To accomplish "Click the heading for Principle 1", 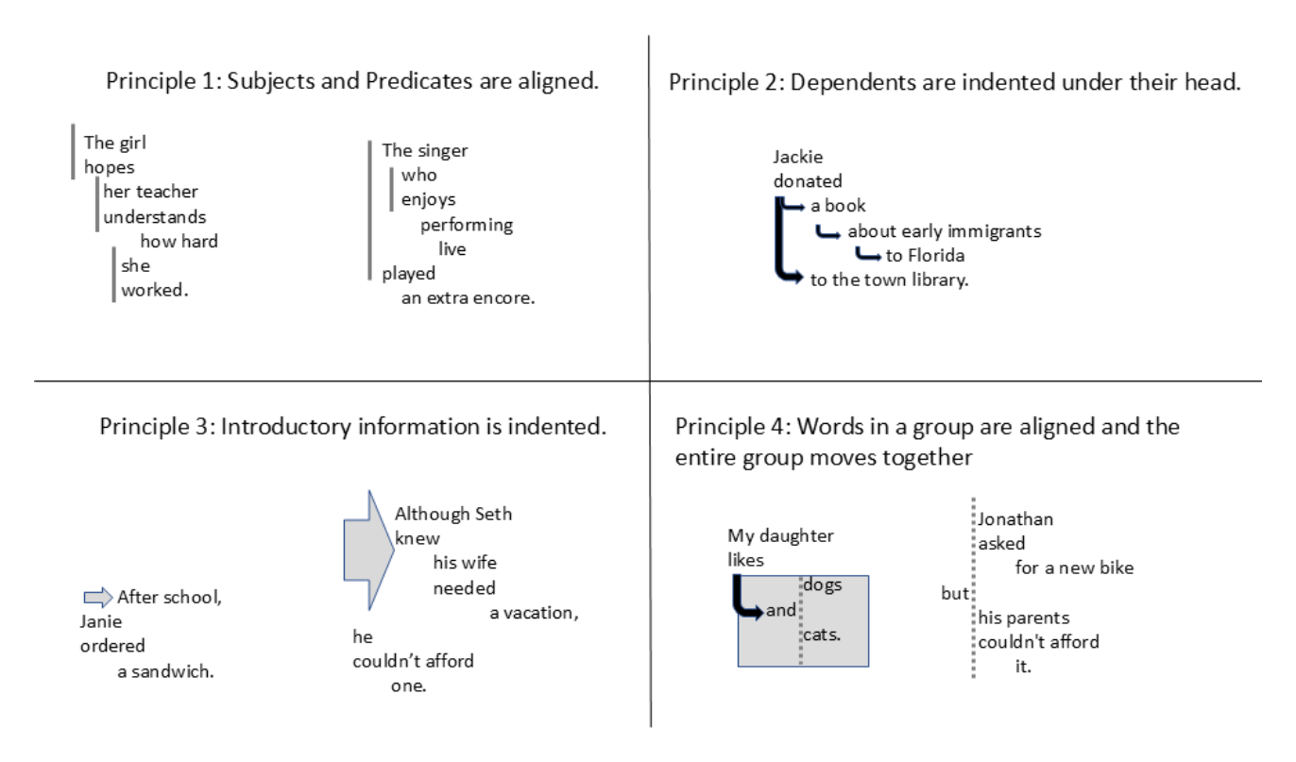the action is [351, 81].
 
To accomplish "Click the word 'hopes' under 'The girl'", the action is [110, 168].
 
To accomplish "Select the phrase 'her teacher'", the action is [150, 192].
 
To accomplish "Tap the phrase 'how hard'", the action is [179, 241].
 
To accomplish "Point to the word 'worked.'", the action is [155, 290].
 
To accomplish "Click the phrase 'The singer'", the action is [425, 151].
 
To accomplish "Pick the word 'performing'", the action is [467, 225].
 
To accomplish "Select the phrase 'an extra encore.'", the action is [469, 298].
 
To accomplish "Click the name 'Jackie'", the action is [798, 157].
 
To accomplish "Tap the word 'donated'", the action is [808, 181].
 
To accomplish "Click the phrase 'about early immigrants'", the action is [945, 232].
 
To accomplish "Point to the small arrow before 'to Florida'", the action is [868, 253].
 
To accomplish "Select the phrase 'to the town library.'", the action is [889, 280].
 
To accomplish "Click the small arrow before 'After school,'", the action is [98, 597].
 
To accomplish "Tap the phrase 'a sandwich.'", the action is [165, 671].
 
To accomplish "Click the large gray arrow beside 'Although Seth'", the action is [368, 550].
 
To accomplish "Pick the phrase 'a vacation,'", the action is [534, 613].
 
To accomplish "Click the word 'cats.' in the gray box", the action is [822, 635].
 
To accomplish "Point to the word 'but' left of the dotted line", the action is [955, 594].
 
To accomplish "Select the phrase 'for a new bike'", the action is [1074, 568].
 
